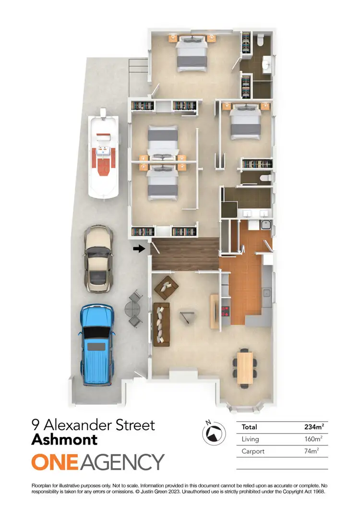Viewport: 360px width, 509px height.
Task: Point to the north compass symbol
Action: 213,432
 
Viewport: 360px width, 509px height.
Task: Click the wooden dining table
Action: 245,367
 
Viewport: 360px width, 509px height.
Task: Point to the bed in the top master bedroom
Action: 192,54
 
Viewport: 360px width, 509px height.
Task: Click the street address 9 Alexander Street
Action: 93,424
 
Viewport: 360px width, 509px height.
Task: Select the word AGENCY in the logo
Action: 123,462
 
